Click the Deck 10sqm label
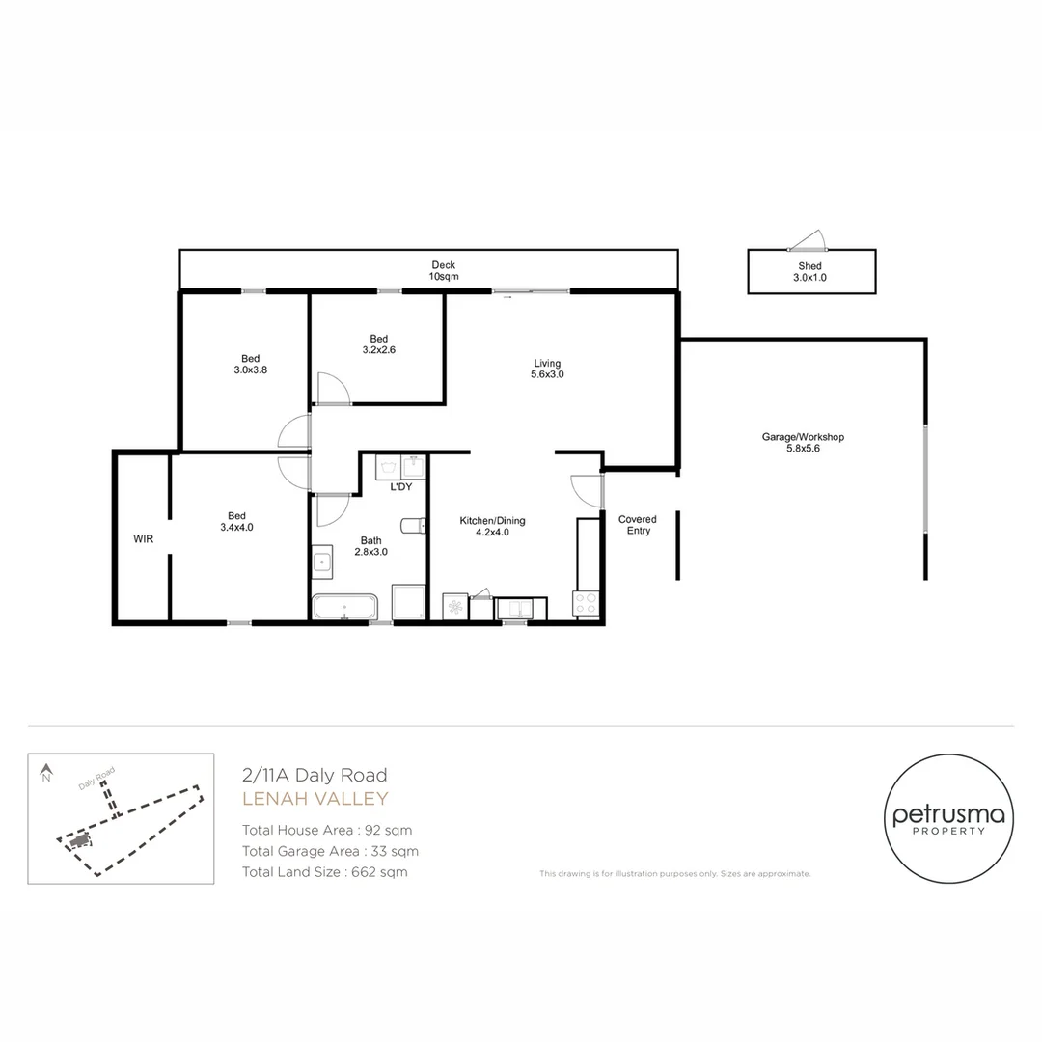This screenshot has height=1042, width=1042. [443, 271]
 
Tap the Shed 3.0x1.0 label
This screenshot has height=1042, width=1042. [811, 272]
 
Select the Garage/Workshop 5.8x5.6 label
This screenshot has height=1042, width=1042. [803, 443]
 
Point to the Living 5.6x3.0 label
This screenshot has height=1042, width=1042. [547, 369]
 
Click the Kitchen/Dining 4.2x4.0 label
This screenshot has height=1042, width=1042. [492, 527]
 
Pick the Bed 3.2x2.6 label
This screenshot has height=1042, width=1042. [378, 344]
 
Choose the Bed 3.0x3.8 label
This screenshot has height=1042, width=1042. [250, 364]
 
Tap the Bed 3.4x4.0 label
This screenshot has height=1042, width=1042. [236, 521]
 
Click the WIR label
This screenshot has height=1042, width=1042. [144, 538]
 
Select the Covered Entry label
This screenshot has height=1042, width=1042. [638, 525]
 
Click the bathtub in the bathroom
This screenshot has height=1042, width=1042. [345, 608]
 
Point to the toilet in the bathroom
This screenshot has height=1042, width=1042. [414, 526]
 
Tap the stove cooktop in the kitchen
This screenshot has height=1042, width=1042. [587, 604]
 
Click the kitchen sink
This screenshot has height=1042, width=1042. [520, 608]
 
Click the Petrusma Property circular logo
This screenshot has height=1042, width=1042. [947, 819]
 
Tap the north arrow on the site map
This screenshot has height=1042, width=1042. [45, 772]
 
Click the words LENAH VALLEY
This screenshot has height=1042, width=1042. [315, 799]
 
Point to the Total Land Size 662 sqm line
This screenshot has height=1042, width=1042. [324, 872]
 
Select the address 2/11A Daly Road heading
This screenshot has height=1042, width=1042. [315, 775]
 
